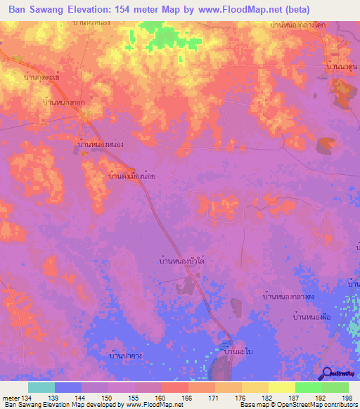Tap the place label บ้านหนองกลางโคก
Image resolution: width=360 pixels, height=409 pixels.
coord(298,25)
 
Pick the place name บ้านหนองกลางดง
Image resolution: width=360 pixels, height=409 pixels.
coord(290,298)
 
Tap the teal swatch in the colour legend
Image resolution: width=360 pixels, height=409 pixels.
coord(41,387)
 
